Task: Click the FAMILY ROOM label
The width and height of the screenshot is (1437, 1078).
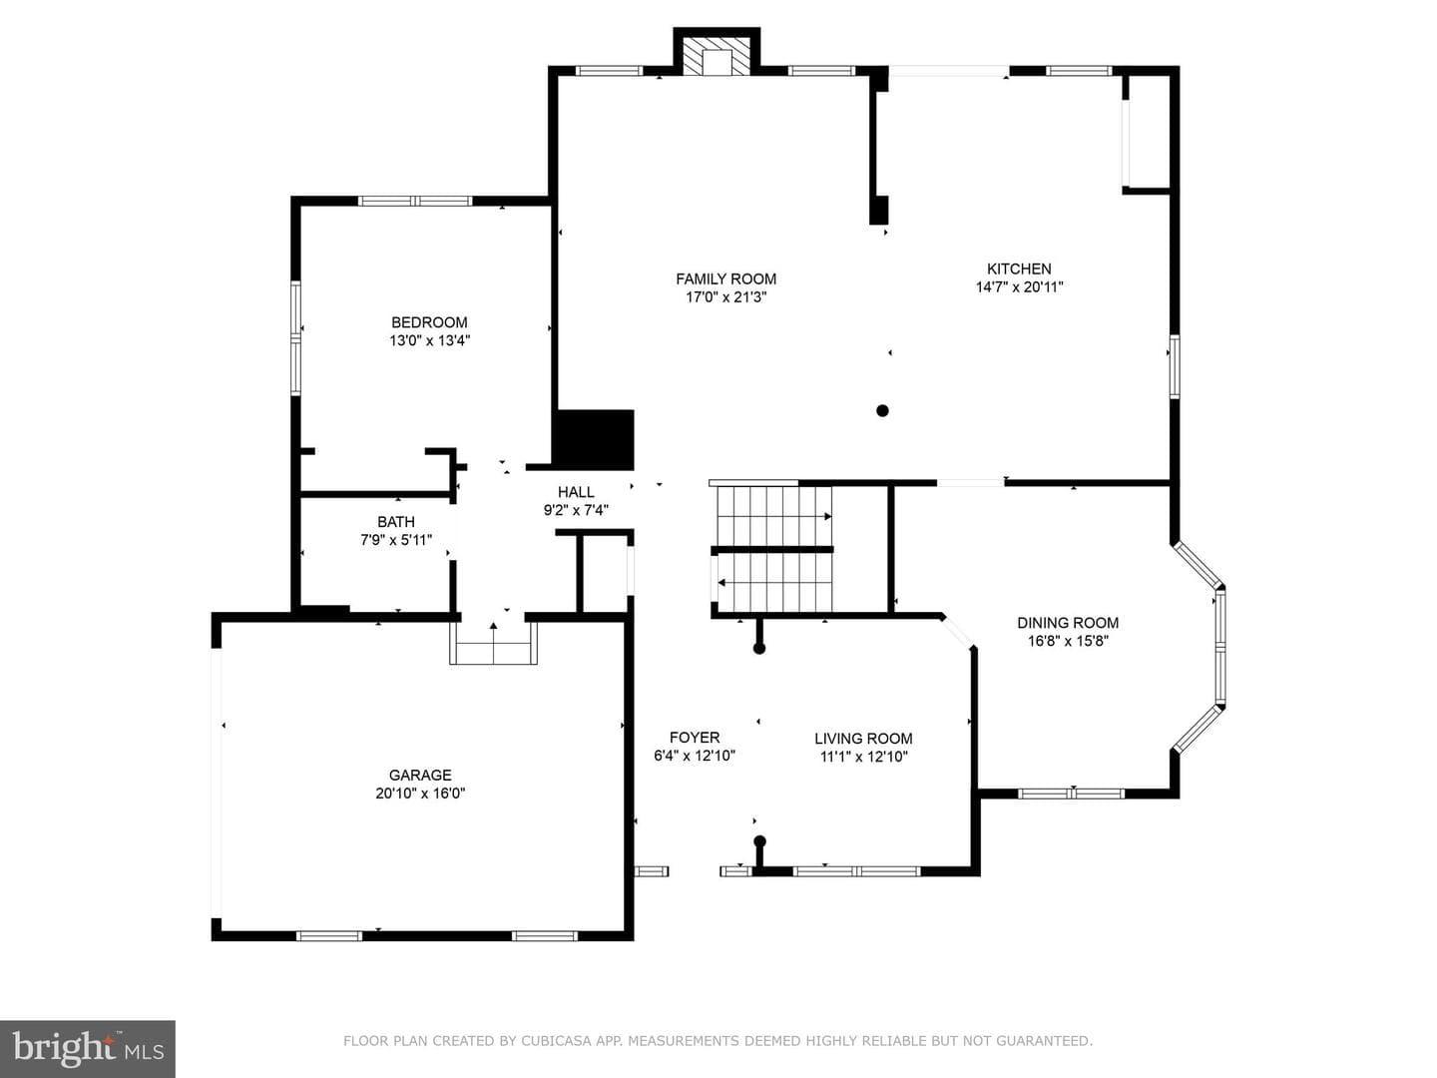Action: pyautogui.click(x=726, y=278)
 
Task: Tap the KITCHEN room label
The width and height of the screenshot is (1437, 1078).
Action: pyautogui.click(x=1019, y=269)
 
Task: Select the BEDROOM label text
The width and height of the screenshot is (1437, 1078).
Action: pyautogui.click(x=429, y=322)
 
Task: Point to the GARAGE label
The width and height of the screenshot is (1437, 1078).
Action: pyautogui.click(x=420, y=775)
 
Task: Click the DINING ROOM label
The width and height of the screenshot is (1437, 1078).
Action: pyautogui.click(x=1068, y=623)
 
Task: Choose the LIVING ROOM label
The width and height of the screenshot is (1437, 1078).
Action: pyautogui.click(x=863, y=739)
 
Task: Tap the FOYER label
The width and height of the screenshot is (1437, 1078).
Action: pyautogui.click(x=695, y=737)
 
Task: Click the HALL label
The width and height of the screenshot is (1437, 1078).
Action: pyautogui.click(x=576, y=491)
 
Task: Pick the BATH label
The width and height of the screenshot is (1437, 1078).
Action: pyautogui.click(x=396, y=522)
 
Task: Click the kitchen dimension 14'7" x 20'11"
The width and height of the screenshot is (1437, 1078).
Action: pyautogui.click(x=1019, y=286)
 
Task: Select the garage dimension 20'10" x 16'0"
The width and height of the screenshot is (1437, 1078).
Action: pyautogui.click(x=420, y=794)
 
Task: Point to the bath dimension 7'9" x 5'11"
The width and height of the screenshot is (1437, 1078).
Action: pyautogui.click(x=396, y=540)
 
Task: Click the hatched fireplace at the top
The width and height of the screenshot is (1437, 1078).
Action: pyautogui.click(x=717, y=55)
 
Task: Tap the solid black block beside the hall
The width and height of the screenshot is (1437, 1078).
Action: pyautogui.click(x=595, y=440)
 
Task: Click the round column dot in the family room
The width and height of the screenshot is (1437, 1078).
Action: pyautogui.click(x=882, y=411)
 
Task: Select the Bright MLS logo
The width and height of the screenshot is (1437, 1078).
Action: pyautogui.click(x=88, y=1049)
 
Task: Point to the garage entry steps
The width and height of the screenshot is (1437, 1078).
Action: pyautogui.click(x=493, y=643)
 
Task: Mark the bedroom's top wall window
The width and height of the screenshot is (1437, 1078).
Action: pyautogui.click(x=414, y=201)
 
